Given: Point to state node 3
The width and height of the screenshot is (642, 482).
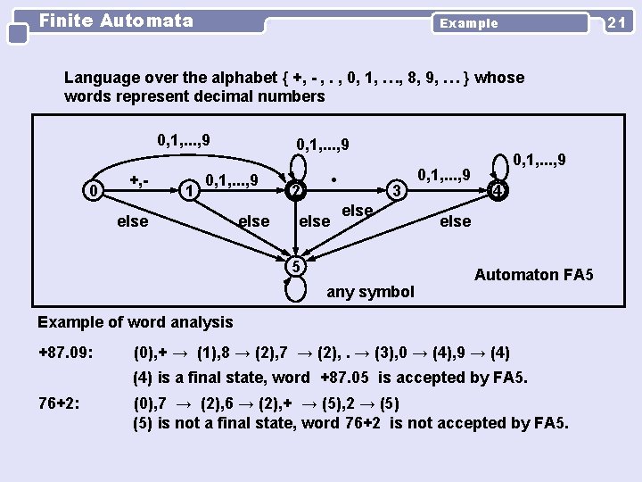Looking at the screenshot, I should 399,190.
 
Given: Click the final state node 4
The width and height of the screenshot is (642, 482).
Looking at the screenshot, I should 500,190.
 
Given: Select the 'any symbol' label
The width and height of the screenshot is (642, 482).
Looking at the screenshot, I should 371,291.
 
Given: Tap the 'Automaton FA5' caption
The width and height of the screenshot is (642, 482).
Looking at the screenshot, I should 533,275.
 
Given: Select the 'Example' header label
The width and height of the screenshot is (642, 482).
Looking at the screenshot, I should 469,23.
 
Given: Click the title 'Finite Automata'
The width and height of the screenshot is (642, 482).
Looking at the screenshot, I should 116,20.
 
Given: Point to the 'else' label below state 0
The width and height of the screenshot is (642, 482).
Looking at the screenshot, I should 133,220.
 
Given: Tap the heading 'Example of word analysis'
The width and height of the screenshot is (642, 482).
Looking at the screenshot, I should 136,322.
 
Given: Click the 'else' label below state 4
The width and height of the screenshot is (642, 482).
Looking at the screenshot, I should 455,220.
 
